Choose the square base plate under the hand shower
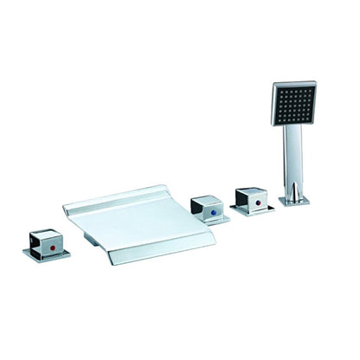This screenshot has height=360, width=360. click(x=294, y=201)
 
